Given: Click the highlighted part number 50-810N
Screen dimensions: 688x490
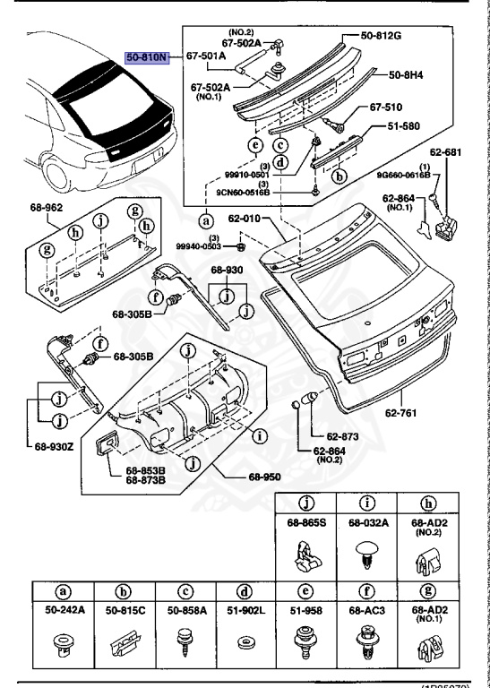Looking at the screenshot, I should point(145,56).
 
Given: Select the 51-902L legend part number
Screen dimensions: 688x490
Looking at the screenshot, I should point(244,610).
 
